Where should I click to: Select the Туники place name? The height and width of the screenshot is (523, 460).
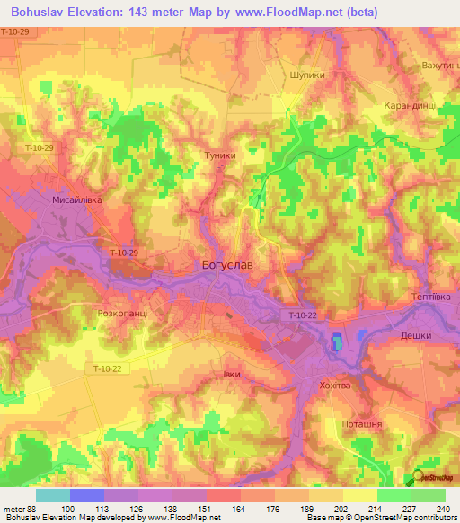(221, 155)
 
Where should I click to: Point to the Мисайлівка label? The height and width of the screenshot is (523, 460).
(78, 201)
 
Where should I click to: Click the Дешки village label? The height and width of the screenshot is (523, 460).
(416, 335)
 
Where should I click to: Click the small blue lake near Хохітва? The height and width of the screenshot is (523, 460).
(336, 342)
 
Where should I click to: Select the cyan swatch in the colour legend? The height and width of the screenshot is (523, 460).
(52, 495)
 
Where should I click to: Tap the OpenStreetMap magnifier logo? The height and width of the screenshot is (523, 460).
(417, 477)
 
